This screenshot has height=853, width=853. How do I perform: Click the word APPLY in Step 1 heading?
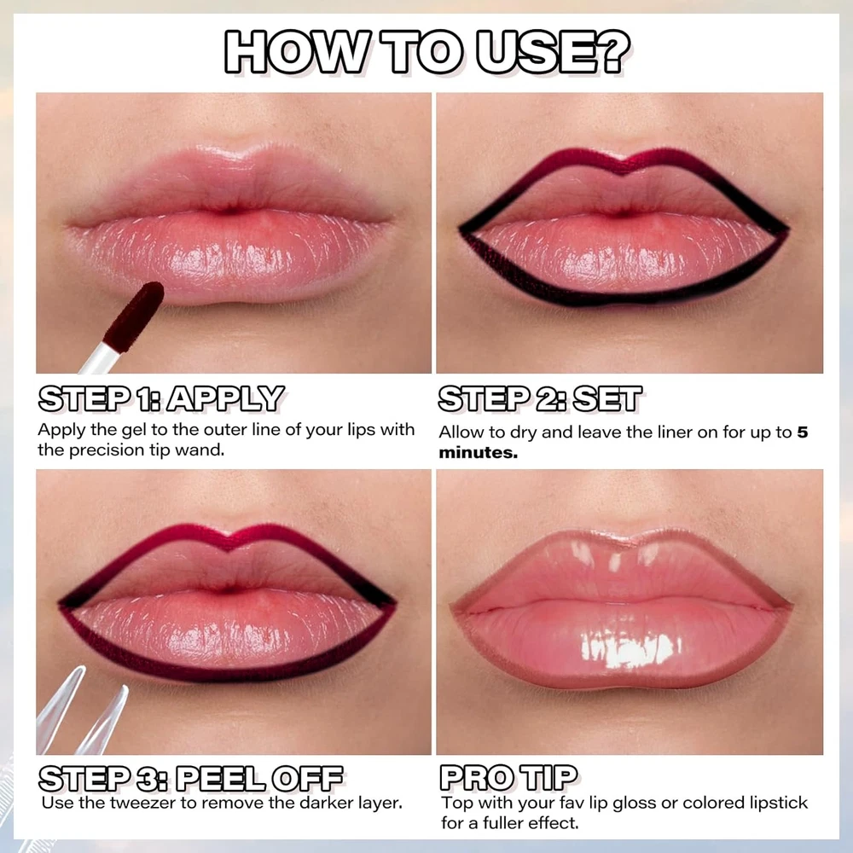tap(225, 398)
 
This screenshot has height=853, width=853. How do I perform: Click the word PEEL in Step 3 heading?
tap(221, 779)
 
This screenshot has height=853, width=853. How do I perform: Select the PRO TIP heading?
tap(508, 777)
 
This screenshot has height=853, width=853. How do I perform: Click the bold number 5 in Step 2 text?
tap(803, 432)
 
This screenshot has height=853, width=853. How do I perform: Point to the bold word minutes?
tap(479, 453)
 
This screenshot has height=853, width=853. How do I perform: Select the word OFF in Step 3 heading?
tap(307, 779)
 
